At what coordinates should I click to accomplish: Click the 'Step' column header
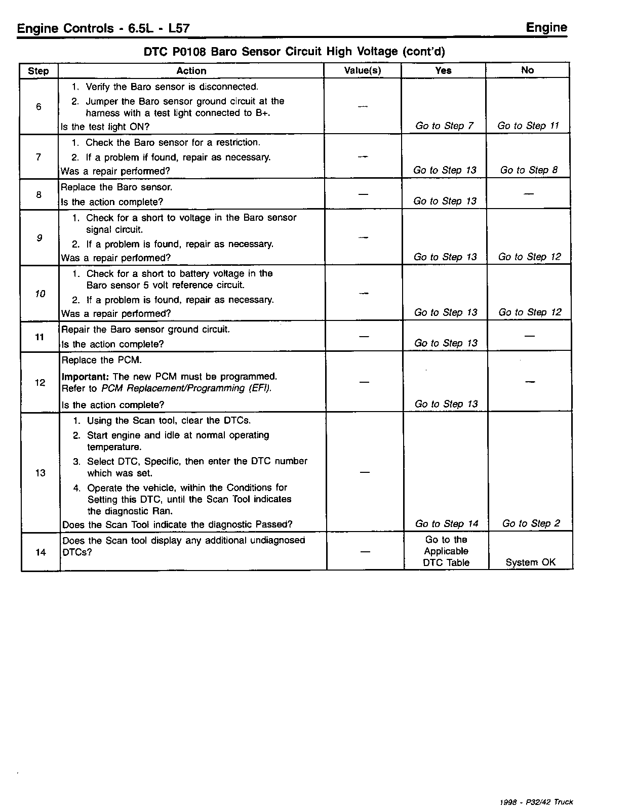(38, 71)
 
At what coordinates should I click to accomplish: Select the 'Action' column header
(191, 71)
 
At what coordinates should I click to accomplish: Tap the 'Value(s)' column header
(363, 70)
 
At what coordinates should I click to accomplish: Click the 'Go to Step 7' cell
(444, 126)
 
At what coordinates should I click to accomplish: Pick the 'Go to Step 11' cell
(528, 126)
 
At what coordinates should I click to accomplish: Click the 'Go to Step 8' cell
(529, 170)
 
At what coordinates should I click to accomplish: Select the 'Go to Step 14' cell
(446, 523)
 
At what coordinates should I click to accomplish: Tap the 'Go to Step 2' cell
(531, 523)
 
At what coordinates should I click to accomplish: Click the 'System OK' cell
(530, 562)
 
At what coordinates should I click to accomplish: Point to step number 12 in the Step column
(40, 383)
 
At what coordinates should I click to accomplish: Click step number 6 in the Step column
(39, 106)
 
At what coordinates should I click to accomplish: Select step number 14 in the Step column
(41, 552)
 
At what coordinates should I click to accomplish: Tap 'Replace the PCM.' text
(101, 360)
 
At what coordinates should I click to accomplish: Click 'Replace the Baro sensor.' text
(116, 187)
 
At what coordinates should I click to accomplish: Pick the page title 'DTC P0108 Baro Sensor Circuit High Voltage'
(294, 52)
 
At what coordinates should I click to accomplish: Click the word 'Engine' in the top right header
(546, 27)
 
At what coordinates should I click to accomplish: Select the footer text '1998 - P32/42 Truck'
(536, 802)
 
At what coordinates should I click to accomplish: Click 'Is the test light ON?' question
(105, 127)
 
